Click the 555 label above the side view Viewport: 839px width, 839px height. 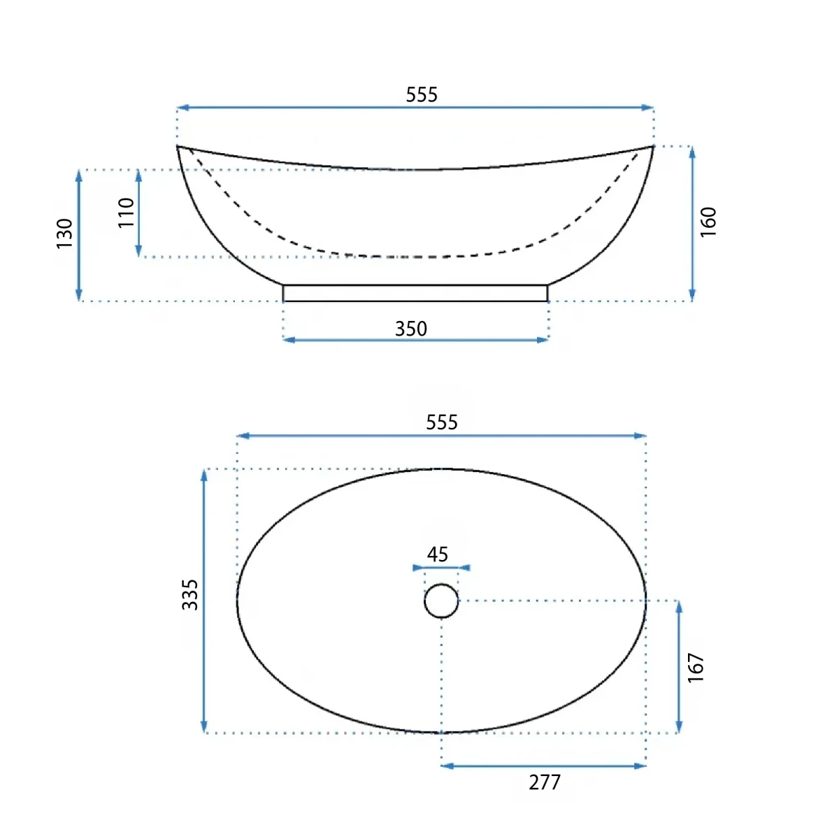[421, 95]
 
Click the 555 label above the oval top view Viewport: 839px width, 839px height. [441, 422]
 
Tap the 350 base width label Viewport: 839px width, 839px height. [410, 329]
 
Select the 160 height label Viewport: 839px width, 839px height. [708, 222]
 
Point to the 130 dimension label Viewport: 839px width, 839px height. [64, 234]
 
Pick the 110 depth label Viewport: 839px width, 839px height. [127, 213]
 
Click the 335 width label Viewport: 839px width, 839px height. [190, 595]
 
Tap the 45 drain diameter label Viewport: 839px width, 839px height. [437, 554]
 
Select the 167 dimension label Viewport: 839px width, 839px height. [695, 668]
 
